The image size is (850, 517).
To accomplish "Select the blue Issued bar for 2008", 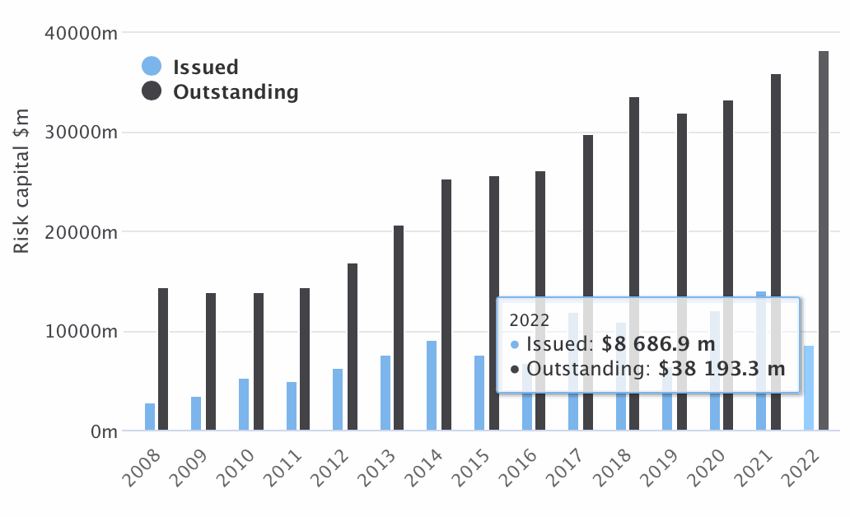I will click(150, 417).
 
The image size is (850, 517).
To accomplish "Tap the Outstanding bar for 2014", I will click(446, 305).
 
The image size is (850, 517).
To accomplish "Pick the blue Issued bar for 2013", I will click(385, 393).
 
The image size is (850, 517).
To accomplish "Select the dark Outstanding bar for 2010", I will click(259, 361).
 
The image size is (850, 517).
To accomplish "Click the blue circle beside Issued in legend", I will click(152, 67).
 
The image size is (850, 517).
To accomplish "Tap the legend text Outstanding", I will click(236, 91).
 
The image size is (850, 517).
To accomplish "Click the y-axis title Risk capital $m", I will click(22, 181).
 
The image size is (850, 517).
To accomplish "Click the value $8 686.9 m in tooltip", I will click(658, 343).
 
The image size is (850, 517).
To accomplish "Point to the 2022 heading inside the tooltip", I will click(529, 319).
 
